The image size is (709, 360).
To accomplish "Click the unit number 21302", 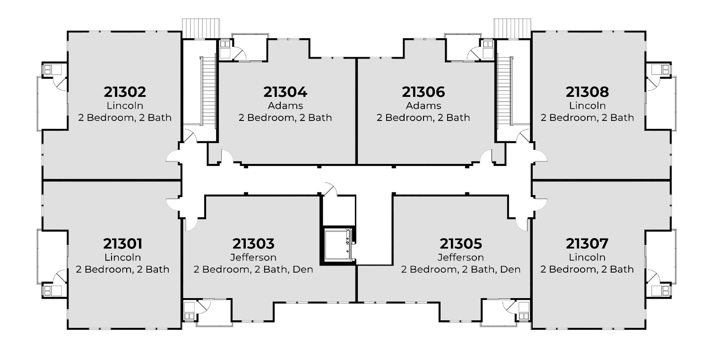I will [x=125, y=92].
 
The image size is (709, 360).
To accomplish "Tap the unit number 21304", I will [x=285, y=92].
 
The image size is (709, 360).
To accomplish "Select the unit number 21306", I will [x=423, y=92].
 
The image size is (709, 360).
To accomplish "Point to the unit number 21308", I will [x=587, y=92].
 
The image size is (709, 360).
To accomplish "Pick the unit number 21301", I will [x=122, y=244].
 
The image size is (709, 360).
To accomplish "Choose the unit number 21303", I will [x=253, y=244].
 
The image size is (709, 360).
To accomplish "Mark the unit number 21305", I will [x=461, y=244].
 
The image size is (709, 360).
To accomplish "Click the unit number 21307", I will [x=587, y=244].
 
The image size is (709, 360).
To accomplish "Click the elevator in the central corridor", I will [x=338, y=244].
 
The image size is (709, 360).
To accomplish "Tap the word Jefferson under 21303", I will [x=253, y=257].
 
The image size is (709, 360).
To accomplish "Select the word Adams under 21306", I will [x=423, y=105].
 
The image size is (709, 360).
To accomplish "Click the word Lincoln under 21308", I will [x=587, y=105].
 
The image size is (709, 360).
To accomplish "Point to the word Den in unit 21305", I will [x=510, y=269].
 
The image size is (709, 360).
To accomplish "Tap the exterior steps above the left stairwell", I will [x=201, y=27].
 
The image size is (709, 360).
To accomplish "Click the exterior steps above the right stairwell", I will [x=512, y=27].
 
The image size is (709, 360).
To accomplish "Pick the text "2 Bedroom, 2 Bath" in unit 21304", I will [x=285, y=117].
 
